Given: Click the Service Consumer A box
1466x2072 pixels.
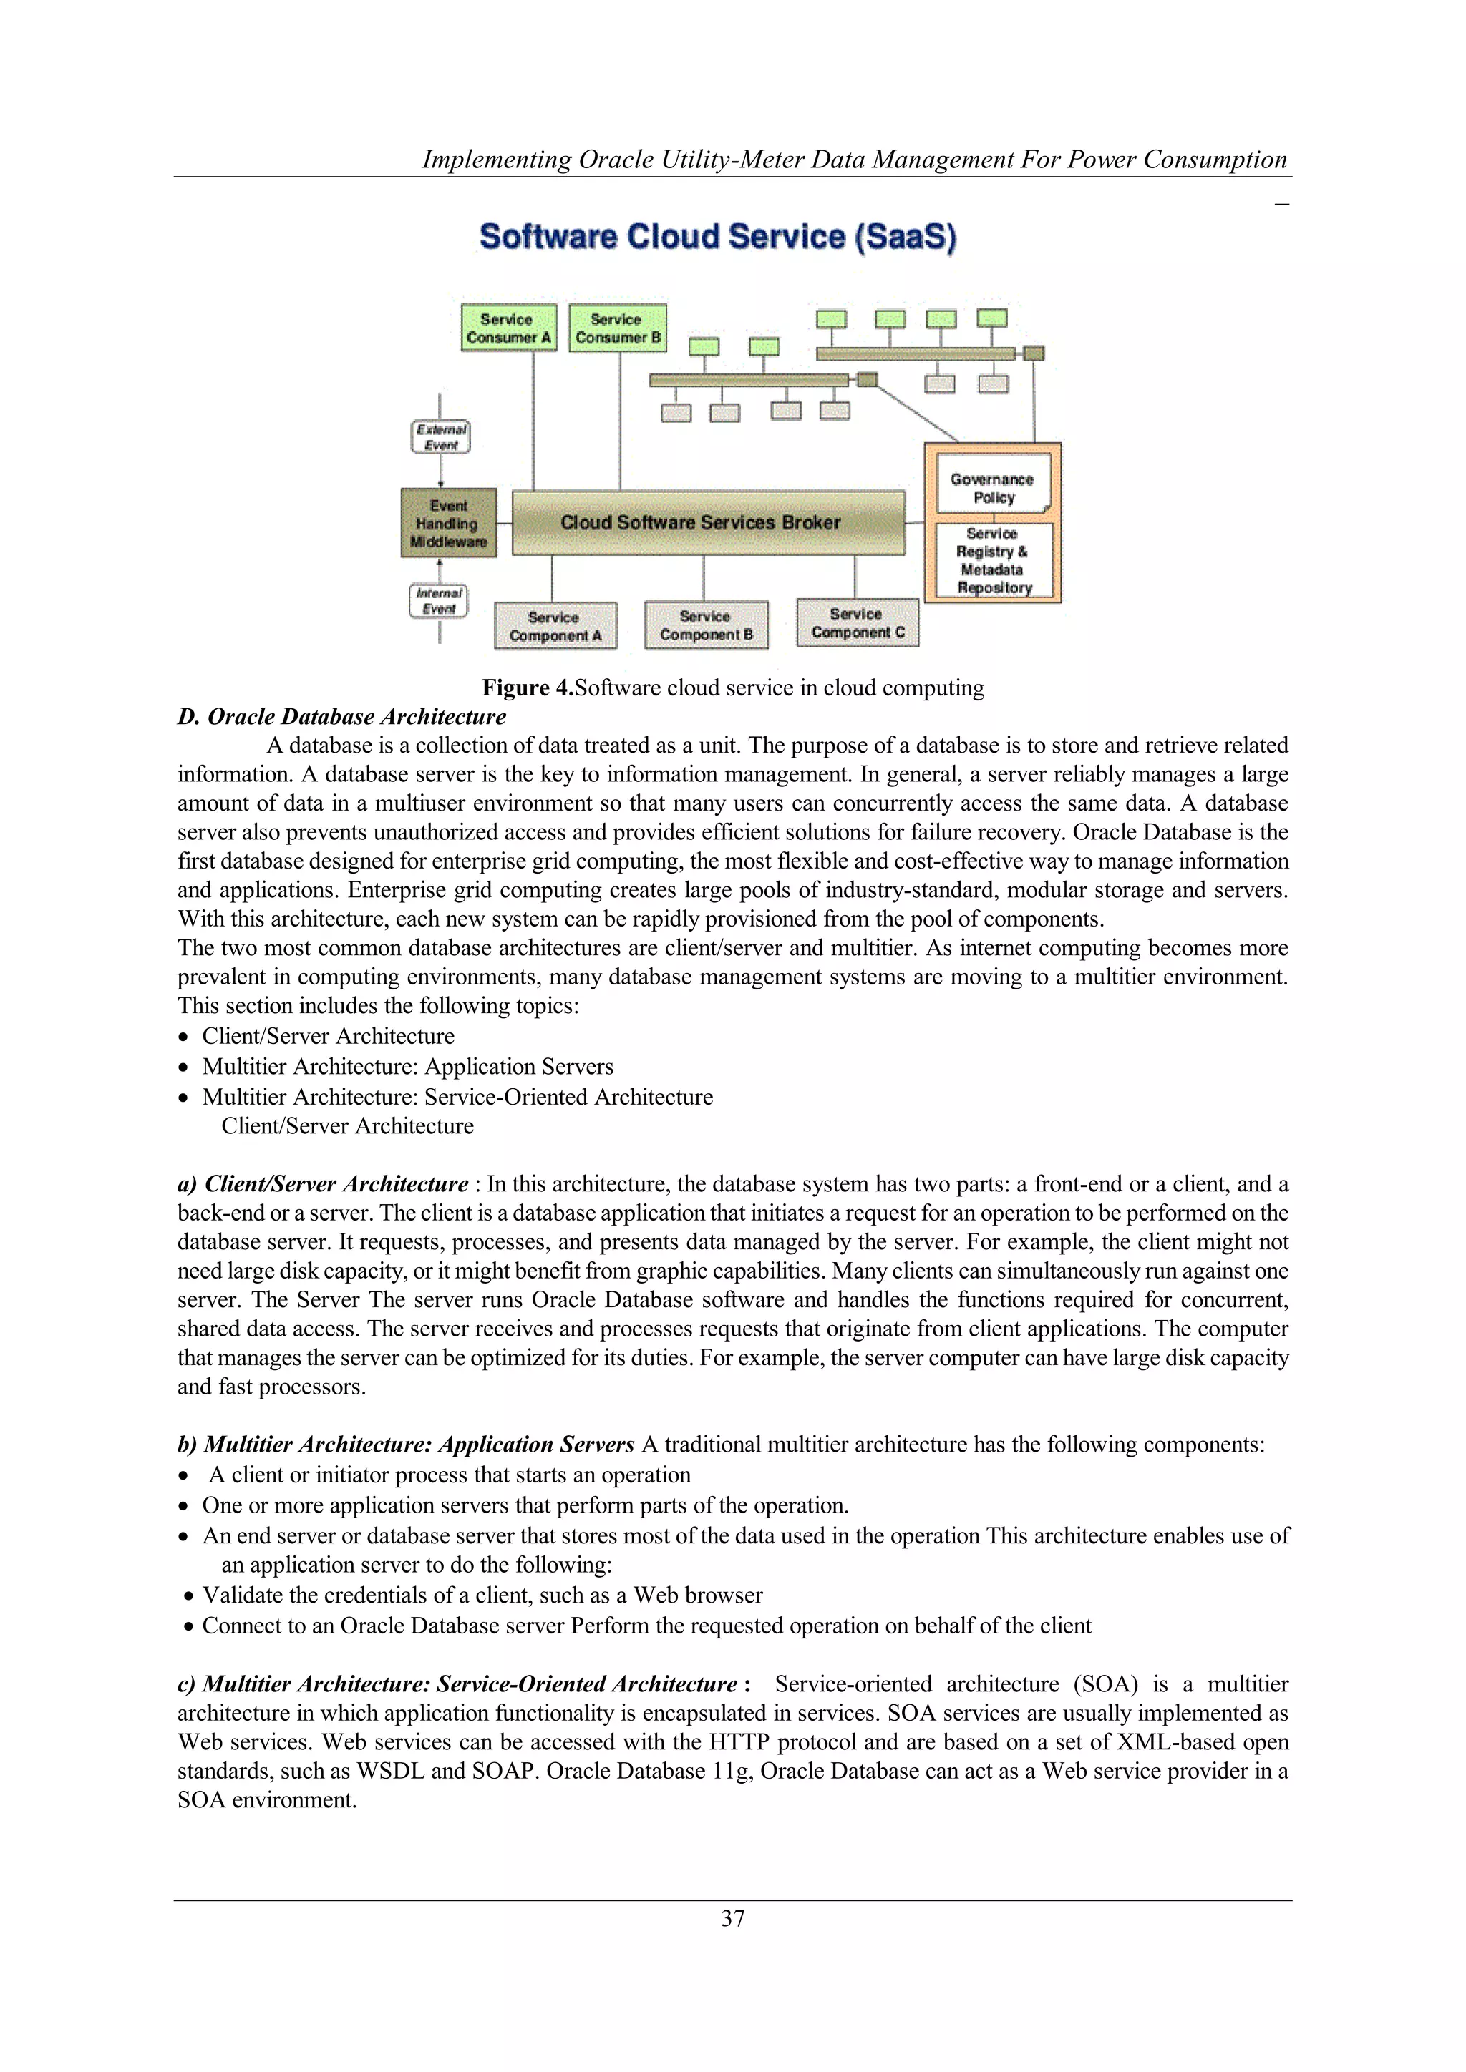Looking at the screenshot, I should coord(508,328).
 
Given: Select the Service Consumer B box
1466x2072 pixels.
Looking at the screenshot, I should coord(618,328).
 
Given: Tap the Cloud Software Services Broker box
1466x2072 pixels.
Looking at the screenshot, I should coord(708,522).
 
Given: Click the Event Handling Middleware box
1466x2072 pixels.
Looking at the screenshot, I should coord(449,524).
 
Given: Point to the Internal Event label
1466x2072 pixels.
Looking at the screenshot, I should coord(439,600).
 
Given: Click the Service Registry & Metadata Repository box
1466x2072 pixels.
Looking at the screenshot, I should coord(993,560).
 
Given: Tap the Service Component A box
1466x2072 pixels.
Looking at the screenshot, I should coord(555,626).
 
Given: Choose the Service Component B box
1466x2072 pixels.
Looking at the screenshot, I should coord(706,625).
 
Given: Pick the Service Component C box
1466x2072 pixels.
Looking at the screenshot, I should coord(857,622).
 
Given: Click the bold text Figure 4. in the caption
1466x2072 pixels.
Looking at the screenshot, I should coord(527,688).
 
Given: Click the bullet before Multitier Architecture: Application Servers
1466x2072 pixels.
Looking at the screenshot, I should coord(184,1067).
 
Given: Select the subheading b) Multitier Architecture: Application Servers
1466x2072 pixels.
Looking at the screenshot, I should coord(405,1444).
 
